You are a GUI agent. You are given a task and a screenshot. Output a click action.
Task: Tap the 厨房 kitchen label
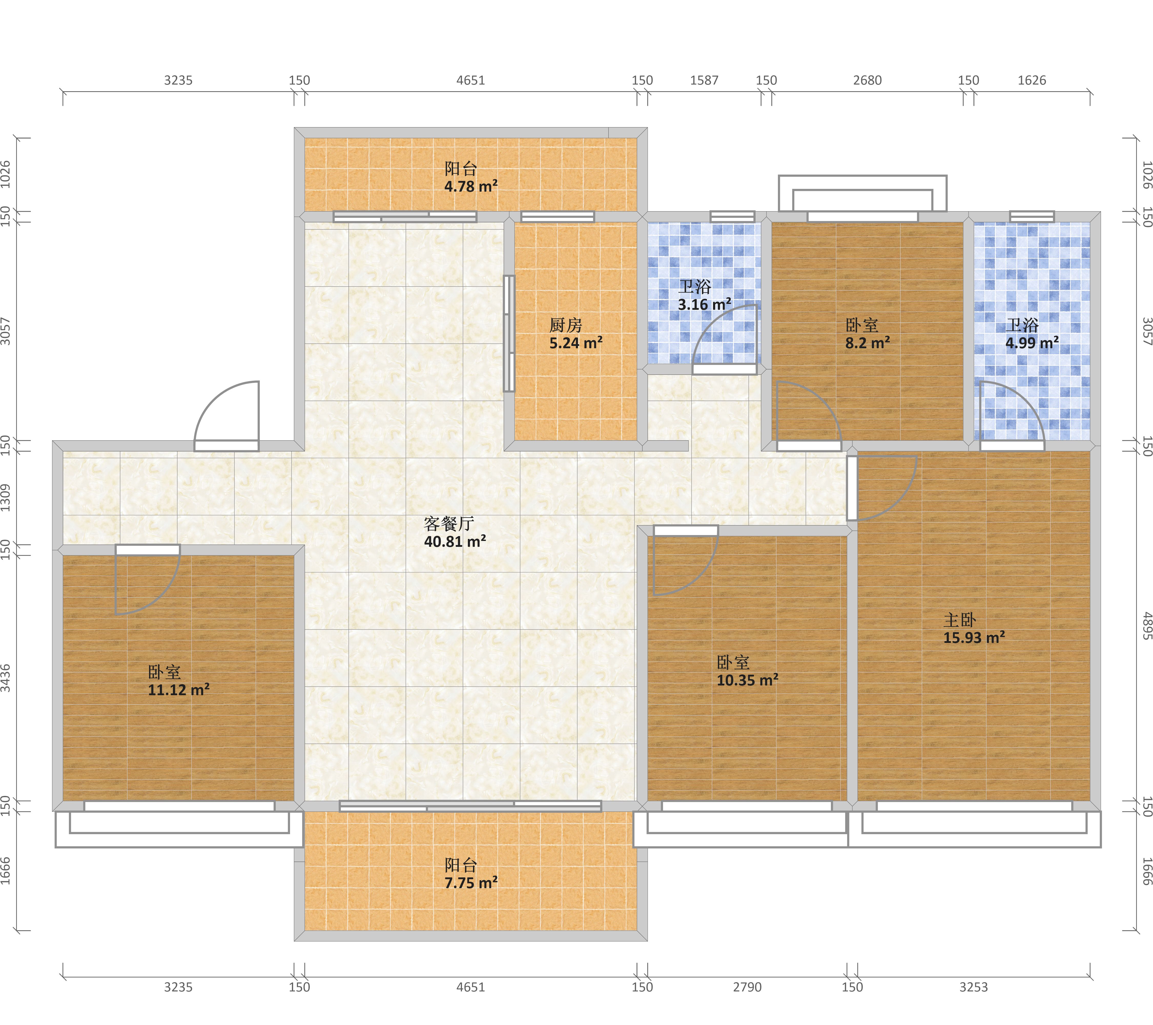(566, 325)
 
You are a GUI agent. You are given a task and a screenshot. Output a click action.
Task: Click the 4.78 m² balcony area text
(471, 186)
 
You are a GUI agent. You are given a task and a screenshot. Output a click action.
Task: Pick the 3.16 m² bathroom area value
(705, 305)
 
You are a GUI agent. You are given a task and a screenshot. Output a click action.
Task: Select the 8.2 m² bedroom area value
(868, 342)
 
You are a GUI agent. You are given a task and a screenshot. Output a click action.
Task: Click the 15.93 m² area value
(974, 638)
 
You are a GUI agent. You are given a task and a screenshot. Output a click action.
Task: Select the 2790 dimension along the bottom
(747, 987)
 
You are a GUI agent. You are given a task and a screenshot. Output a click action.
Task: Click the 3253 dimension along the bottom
(974, 987)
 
